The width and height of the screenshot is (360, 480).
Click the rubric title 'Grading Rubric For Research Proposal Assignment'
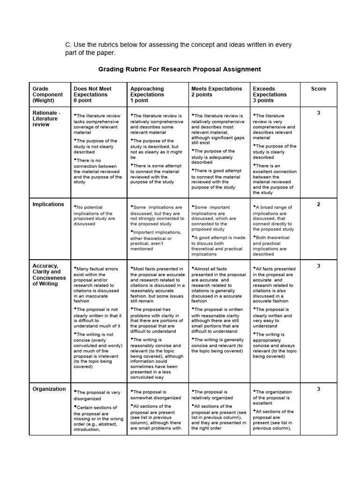179,69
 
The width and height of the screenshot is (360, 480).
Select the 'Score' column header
318,89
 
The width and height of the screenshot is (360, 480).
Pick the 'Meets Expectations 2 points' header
217,91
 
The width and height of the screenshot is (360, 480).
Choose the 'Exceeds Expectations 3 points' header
270,94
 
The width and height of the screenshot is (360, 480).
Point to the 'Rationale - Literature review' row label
46,119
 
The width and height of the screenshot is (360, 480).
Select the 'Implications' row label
48,204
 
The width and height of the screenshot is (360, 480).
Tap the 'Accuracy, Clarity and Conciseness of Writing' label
49,275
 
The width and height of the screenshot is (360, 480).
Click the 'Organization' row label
49,389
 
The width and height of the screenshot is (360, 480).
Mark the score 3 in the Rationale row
318,113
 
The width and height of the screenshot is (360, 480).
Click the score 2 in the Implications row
318,204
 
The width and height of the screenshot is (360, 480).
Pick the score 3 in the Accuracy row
318,266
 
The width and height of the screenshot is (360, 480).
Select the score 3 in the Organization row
318,389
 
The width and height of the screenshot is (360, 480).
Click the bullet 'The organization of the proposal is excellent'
273,397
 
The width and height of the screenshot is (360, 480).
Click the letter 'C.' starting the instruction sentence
68,45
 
